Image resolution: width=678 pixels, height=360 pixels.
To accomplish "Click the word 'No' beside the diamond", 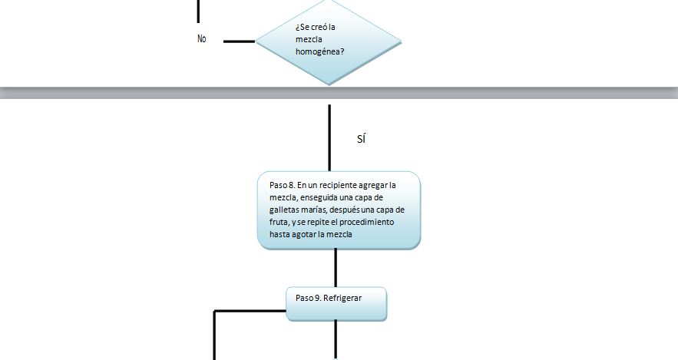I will click(x=202, y=39).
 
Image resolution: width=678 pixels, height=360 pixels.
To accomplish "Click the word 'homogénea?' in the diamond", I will click(x=319, y=52).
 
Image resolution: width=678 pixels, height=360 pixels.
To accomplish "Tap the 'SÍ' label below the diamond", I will click(x=362, y=140).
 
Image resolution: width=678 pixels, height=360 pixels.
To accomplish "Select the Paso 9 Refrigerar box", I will click(x=336, y=304).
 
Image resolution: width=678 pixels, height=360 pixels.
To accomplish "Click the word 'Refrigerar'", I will click(x=342, y=297).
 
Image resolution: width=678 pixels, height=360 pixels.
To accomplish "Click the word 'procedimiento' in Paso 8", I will click(x=365, y=223).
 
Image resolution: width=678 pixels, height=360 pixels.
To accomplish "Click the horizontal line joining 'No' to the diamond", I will click(x=239, y=41).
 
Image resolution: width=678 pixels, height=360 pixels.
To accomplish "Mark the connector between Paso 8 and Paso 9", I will click(x=336, y=268).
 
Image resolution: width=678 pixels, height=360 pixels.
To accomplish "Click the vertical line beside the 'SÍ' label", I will click(x=329, y=138).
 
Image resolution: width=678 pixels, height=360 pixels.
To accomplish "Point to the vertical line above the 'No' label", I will click(x=198, y=11).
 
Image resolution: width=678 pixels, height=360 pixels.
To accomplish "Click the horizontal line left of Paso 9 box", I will click(x=250, y=311).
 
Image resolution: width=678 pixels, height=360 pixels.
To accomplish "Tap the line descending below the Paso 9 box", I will click(x=336, y=339).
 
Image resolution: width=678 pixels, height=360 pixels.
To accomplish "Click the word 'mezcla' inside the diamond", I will click(x=309, y=40).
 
